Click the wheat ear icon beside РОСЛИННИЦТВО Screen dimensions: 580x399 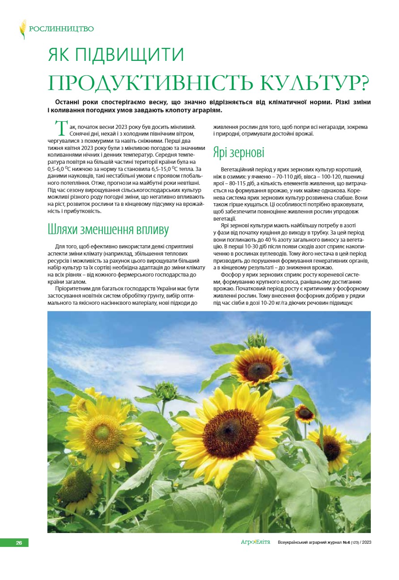pyautogui.click(x=22, y=29)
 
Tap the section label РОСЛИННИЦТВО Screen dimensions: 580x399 pyautogui.click(x=61, y=29)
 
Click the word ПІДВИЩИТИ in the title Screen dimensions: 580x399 pyautogui.click(x=130, y=55)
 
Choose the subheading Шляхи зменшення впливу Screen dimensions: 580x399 pyautogui.click(x=108, y=230)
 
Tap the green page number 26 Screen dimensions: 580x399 pyautogui.click(x=19, y=543)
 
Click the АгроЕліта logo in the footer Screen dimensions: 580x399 pyautogui.click(x=255, y=542)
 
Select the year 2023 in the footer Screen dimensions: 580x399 pyautogui.click(x=366, y=543)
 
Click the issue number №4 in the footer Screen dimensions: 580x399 pyautogui.click(x=346, y=543)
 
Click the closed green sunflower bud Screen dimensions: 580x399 pyautogui.click(x=165, y=392)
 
